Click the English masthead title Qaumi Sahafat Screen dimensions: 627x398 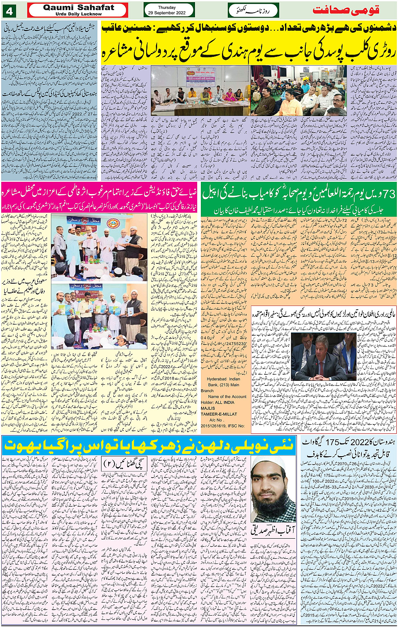(x=78, y=7)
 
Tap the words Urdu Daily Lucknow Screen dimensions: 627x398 (x=78, y=14)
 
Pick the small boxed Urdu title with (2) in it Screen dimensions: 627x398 (x=125, y=464)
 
